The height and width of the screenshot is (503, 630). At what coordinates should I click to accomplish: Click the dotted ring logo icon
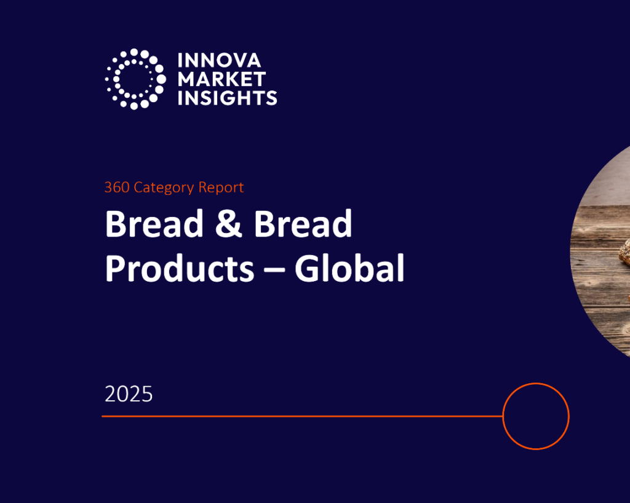135,79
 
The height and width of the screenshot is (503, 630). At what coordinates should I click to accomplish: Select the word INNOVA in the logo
219,60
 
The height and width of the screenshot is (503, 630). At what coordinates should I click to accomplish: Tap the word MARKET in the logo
221,79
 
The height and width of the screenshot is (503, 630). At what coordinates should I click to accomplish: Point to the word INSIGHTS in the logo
227,97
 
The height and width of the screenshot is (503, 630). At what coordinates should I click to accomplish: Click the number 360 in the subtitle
116,188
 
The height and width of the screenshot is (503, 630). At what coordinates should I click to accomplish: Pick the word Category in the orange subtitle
162,188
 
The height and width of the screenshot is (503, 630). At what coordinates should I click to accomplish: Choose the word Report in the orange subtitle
221,188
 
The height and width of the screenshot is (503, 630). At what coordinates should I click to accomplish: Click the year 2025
129,394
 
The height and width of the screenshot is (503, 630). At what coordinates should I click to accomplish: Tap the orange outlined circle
536,416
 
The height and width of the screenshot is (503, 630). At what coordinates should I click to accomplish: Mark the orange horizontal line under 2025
301,416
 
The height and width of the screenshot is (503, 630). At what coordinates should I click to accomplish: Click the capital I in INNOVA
180,60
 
